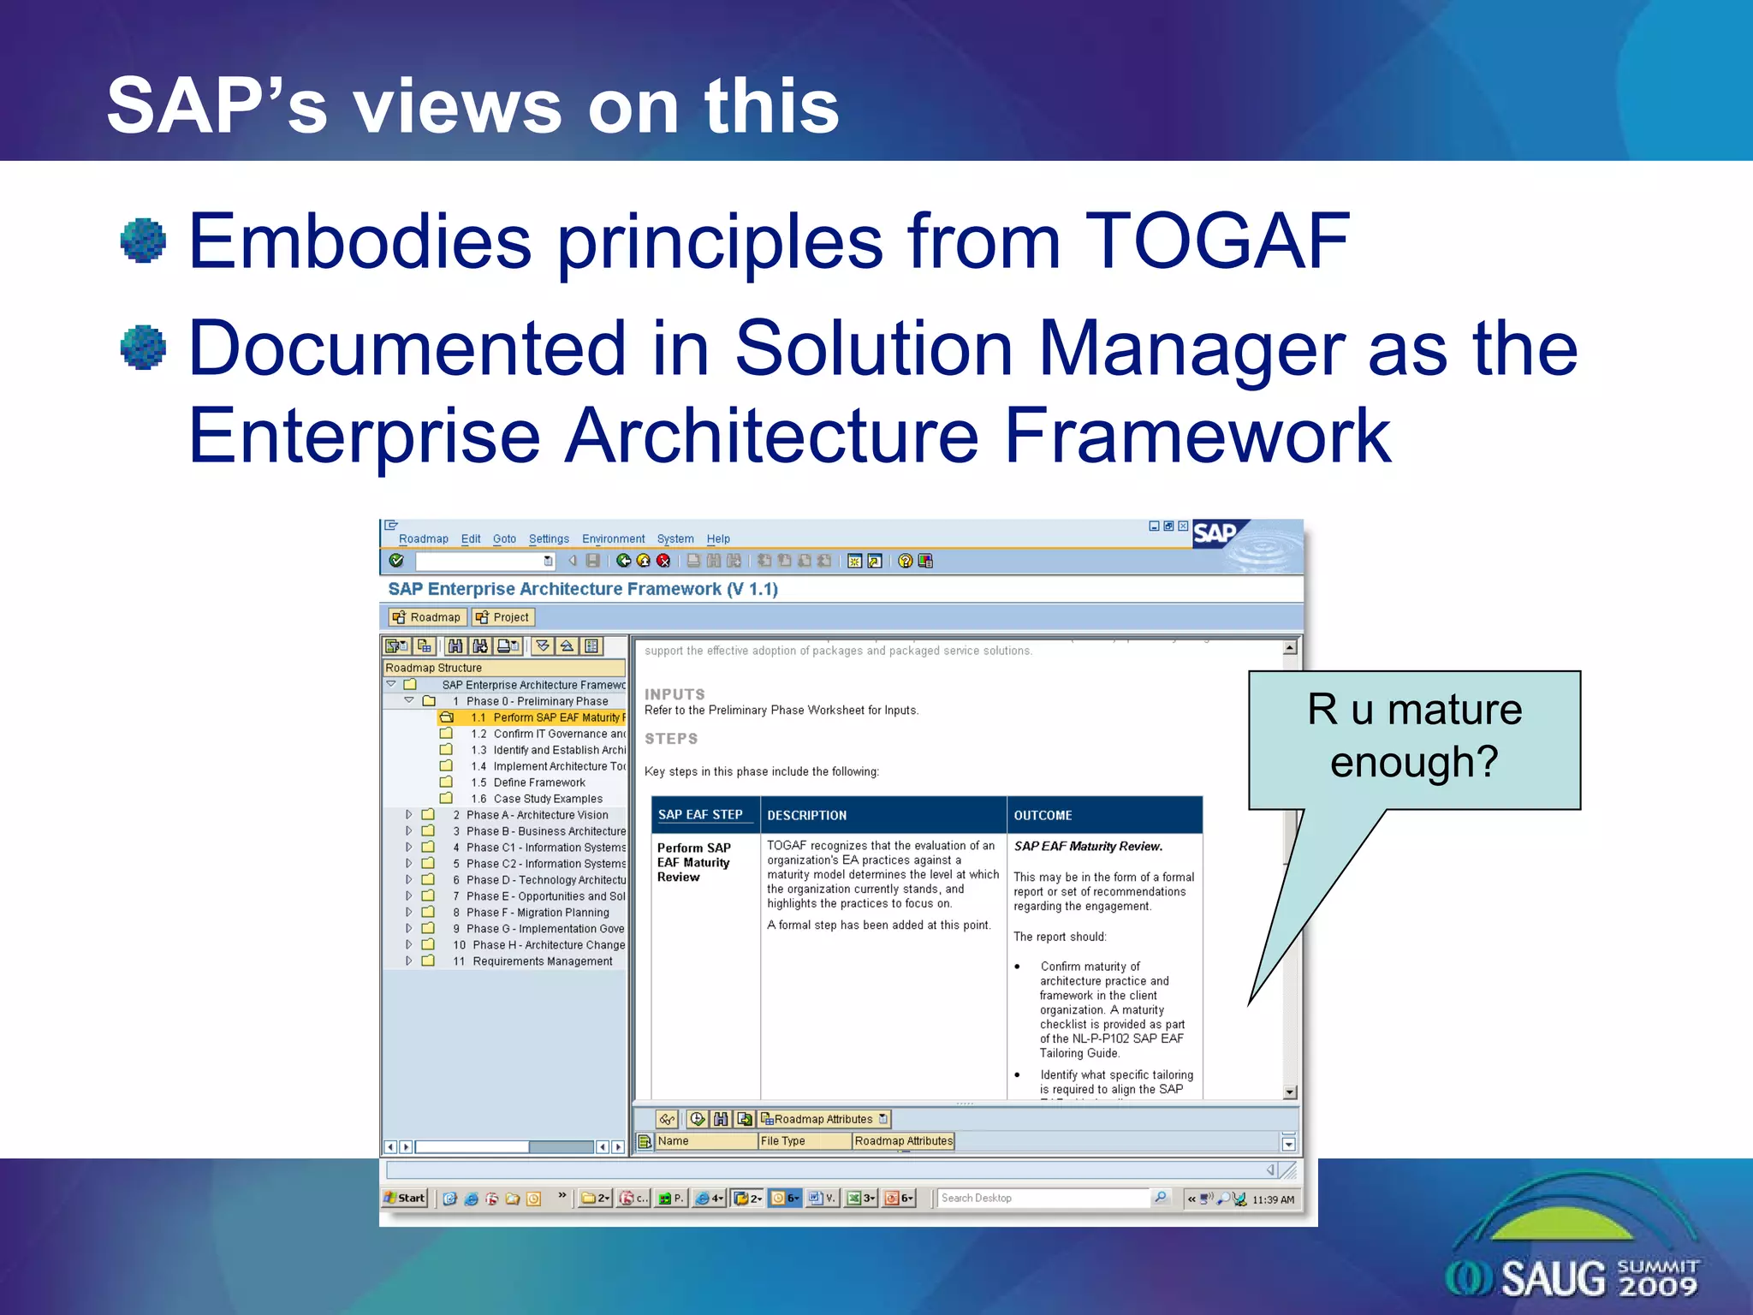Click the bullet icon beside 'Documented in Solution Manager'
tap(143, 348)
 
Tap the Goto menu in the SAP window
tap(504, 538)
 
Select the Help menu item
tap(717, 538)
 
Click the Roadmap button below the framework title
tap(426, 617)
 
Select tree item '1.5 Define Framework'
tap(538, 782)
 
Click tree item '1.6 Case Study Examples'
tap(547, 799)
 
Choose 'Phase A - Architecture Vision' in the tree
tap(537, 815)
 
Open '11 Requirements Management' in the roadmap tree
tap(542, 961)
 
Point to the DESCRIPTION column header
tap(806, 815)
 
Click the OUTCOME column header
tap(1043, 815)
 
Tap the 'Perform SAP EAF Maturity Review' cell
tap(694, 862)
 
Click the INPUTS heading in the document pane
tap(674, 694)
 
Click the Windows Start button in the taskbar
tap(405, 1198)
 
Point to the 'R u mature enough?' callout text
tap(1414, 735)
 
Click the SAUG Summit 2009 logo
tap(1573, 1258)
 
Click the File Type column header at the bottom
tap(783, 1141)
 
